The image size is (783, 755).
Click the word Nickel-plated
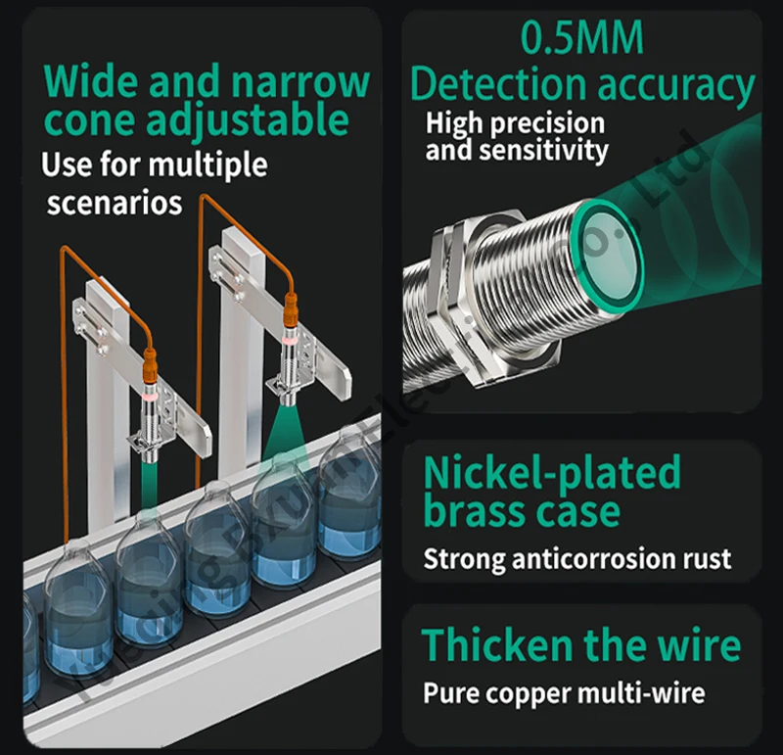551,473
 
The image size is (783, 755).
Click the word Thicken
496,646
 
